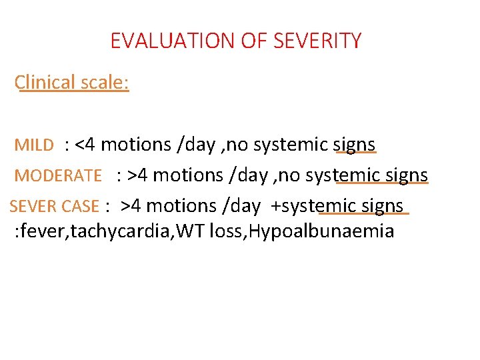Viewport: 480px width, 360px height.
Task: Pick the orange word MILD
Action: coord(33,145)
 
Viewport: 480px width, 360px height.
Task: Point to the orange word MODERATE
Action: coord(58,176)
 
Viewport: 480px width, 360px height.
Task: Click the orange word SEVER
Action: coord(31,207)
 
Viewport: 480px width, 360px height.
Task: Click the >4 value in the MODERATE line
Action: coord(138,175)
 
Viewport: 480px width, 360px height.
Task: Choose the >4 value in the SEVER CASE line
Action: coord(131,206)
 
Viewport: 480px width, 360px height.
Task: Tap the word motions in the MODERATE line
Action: coord(190,175)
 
